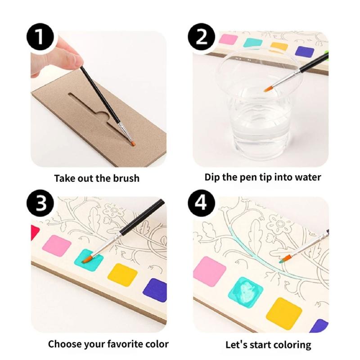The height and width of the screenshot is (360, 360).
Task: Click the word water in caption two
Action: [307, 177]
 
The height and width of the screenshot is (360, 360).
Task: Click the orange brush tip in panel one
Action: [133, 143]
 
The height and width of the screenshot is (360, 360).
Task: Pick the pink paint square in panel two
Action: [228, 39]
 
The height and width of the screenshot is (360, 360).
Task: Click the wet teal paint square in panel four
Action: [245, 292]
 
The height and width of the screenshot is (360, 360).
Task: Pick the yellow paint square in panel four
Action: [284, 313]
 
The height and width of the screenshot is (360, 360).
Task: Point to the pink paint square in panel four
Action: [209, 271]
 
